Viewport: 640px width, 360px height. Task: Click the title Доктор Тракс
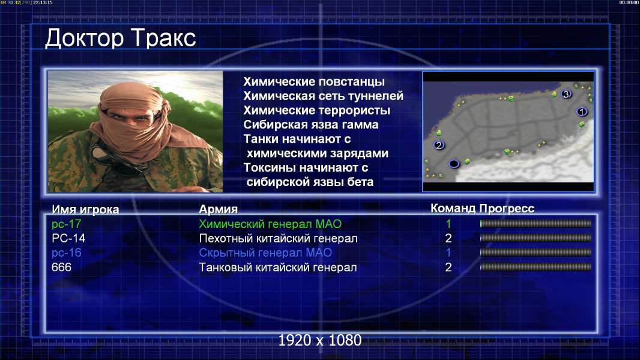pos(121,38)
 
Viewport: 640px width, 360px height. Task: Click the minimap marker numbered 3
pos(566,94)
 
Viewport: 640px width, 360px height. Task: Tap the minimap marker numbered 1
pos(582,112)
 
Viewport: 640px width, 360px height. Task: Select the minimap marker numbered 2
pos(439,145)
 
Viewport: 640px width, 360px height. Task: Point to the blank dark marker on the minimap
pos(454,164)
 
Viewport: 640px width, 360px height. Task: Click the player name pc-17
pos(66,224)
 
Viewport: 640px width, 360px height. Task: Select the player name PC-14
pos(68,239)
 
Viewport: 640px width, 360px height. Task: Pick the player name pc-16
pos(66,253)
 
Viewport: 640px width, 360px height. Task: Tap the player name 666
pos(61,268)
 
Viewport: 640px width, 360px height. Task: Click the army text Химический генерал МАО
pos(270,224)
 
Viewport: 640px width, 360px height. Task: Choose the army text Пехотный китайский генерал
pos(278,239)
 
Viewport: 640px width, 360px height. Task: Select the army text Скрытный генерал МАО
pos(265,253)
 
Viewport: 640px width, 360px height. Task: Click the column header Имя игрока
pos(85,209)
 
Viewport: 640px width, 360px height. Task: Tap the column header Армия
pos(218,209)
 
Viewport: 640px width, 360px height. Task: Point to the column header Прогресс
pos(507,209)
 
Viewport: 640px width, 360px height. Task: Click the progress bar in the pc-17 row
pos(536,224)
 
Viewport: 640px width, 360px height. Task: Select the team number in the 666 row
pos(448,268)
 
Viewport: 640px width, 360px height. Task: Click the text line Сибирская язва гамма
pos(310,125)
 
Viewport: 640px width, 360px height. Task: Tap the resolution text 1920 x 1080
pos(319,340)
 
